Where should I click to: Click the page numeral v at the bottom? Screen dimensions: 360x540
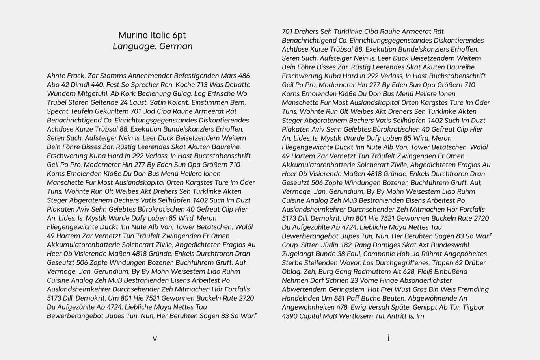(155, 338)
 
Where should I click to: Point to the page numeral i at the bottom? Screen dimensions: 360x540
(388, 338)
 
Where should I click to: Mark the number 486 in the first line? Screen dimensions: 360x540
(244, 76)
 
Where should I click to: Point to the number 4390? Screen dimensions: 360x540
(290, 316)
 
